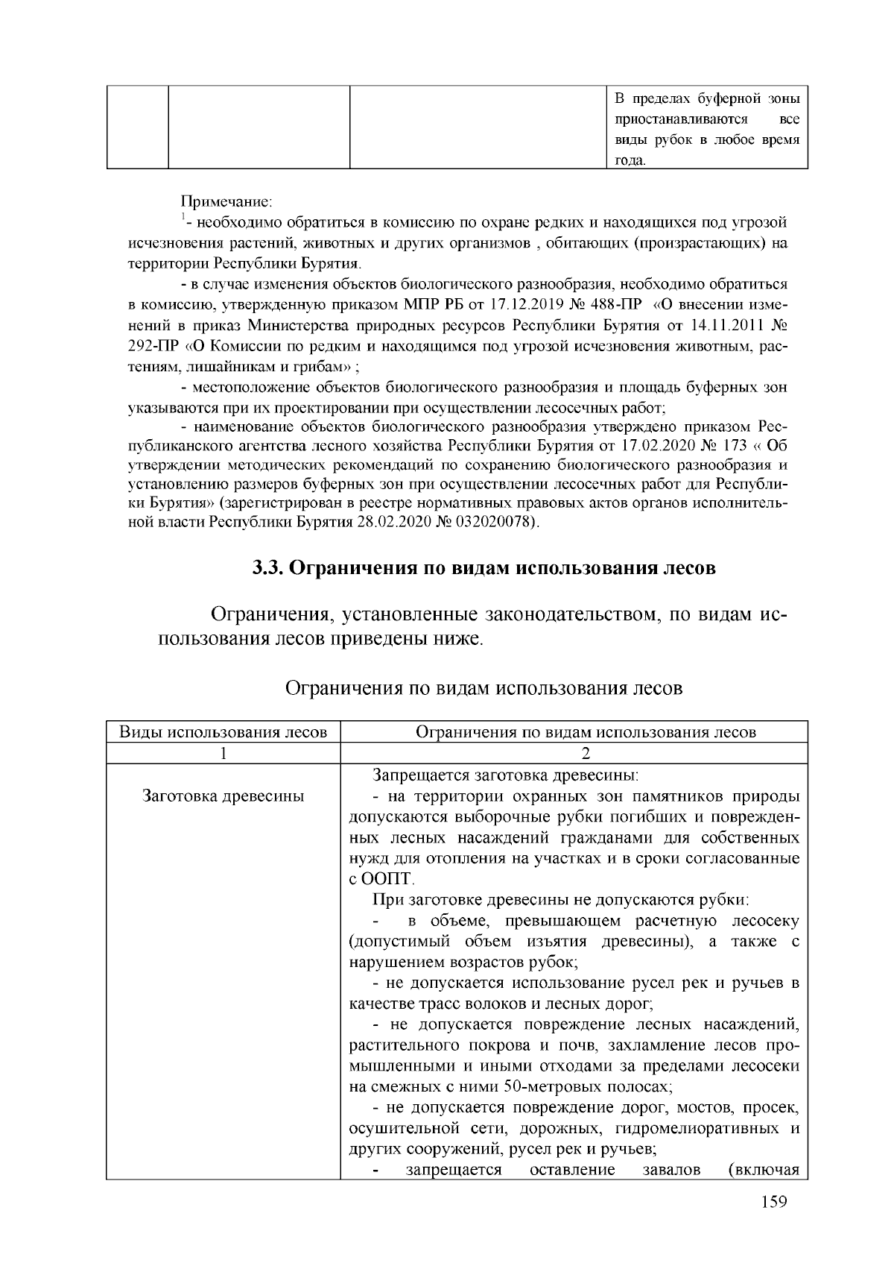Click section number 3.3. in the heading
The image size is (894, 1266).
tap(267, 568)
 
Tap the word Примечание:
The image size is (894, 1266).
tap(227, 201)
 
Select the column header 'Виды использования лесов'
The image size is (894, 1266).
tap(223, 731)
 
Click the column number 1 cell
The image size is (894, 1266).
tap(223, 752)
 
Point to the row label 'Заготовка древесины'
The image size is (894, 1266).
tap(223, 796)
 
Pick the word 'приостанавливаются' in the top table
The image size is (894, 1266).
tap(682, 119)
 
